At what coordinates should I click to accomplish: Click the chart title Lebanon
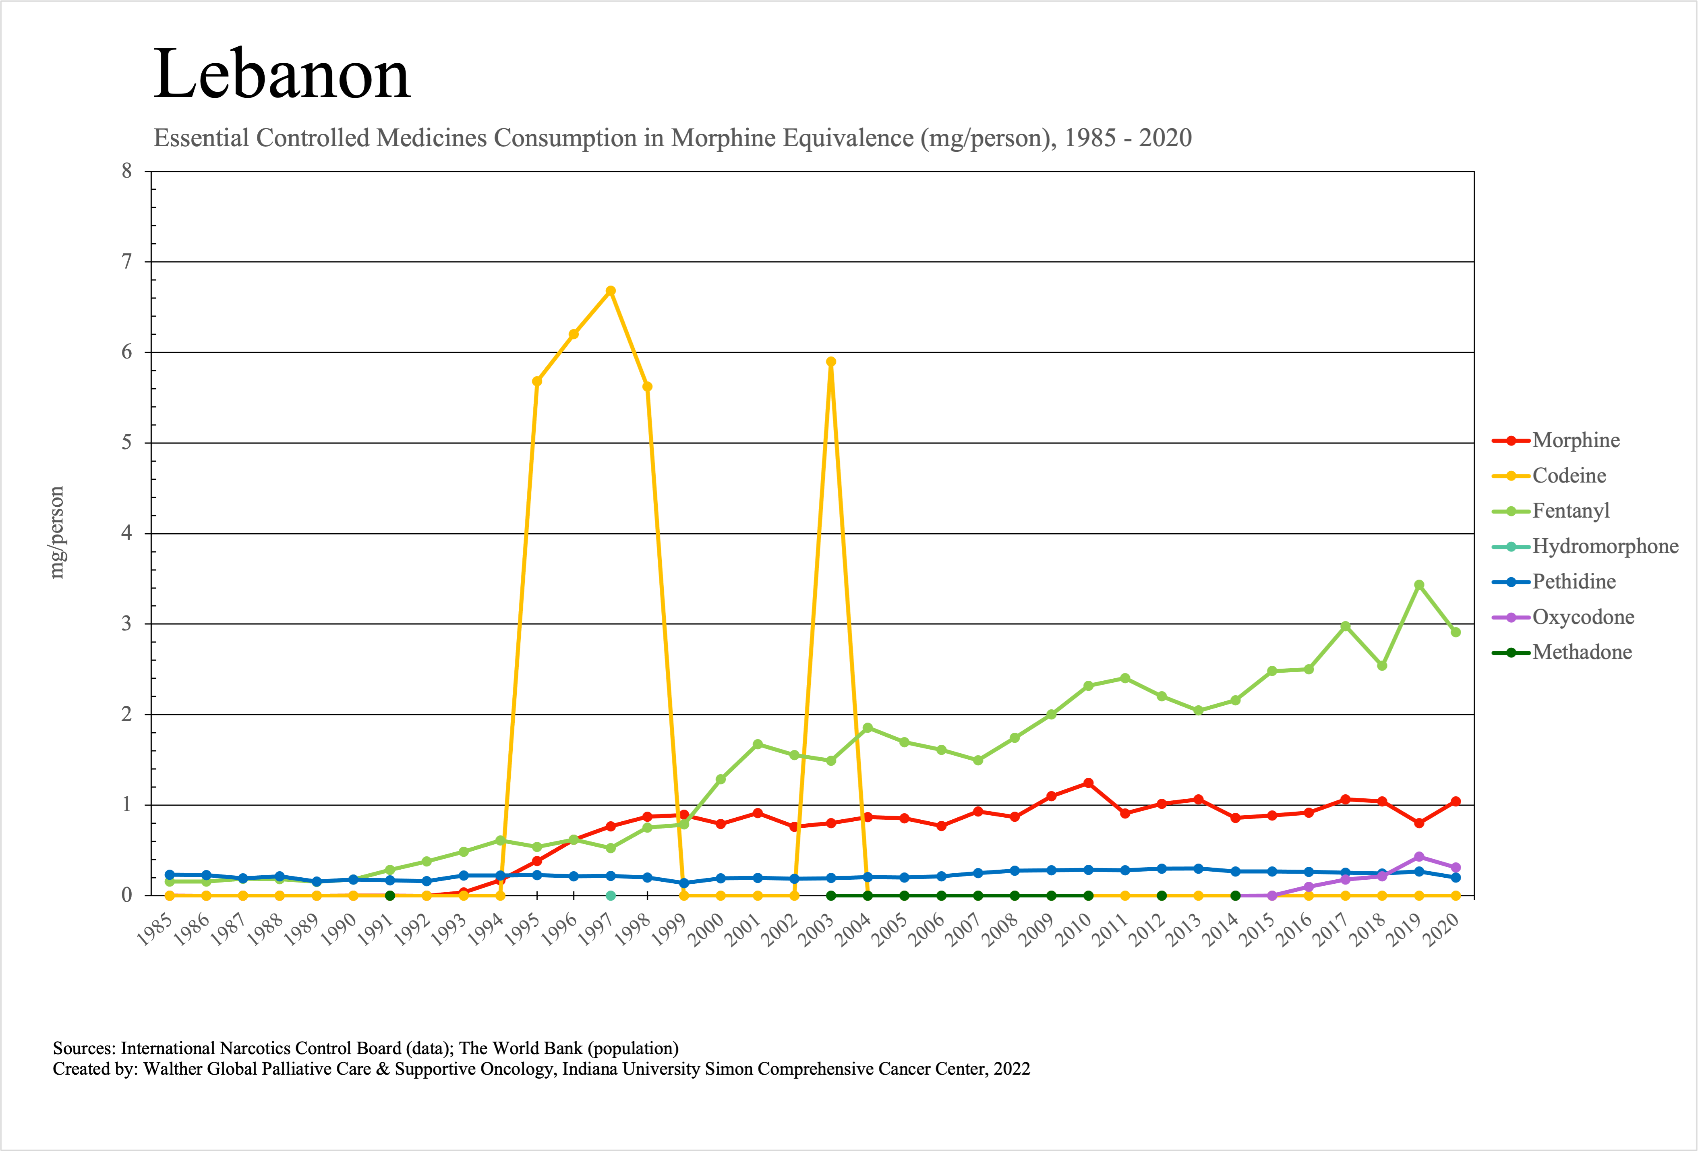(x=282, y=75)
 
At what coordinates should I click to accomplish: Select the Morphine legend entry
(x=1576, y=440)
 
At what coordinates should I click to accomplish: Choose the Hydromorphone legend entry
(x=1605, y=546)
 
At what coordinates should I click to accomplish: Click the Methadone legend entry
(x=1582, y=653)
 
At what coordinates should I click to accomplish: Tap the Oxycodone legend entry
(x=1583, y=617)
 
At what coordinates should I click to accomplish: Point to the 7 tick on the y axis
(x=127, y=262)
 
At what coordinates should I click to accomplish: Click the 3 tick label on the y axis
(x=127, y=624)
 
